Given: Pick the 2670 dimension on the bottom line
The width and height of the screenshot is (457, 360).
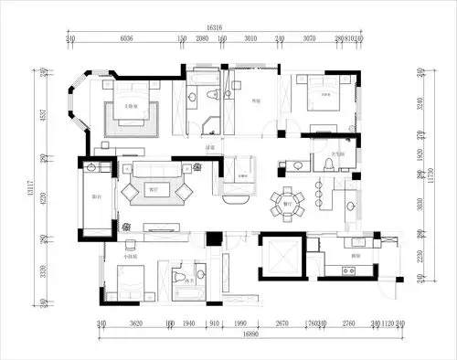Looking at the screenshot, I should click(282, 323).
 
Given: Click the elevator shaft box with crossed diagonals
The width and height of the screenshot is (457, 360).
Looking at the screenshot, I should click(281, 256).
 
